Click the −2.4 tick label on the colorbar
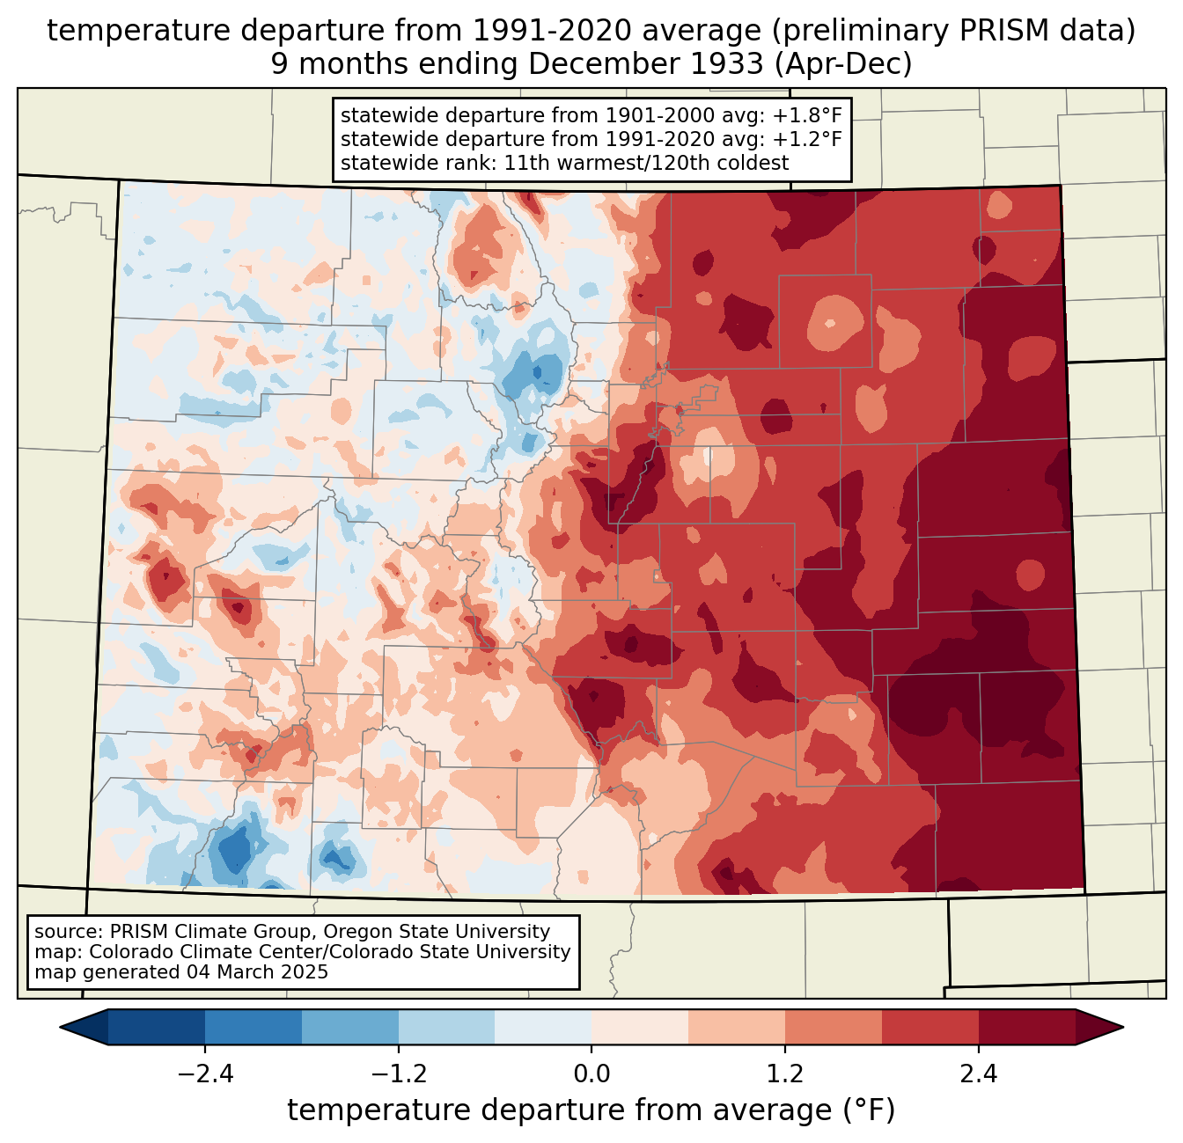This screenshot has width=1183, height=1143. (x=204, y=1074)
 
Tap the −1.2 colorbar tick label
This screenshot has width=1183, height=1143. (x=398, y=1074)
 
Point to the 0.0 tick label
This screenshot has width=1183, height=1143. (x=591, y=1074)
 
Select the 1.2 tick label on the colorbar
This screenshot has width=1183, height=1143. (x=785, y=1074)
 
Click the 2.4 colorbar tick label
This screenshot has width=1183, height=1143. (x=979, y=1074)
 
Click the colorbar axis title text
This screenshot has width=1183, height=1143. (x=591, y=1110)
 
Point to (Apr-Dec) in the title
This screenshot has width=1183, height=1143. (x=843, y=64)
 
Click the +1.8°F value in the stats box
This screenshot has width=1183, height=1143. (x=807, y=116)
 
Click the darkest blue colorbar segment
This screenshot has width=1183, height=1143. (x=157, y=1027)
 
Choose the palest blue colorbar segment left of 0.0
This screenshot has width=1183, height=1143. (x=543, y=1027)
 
